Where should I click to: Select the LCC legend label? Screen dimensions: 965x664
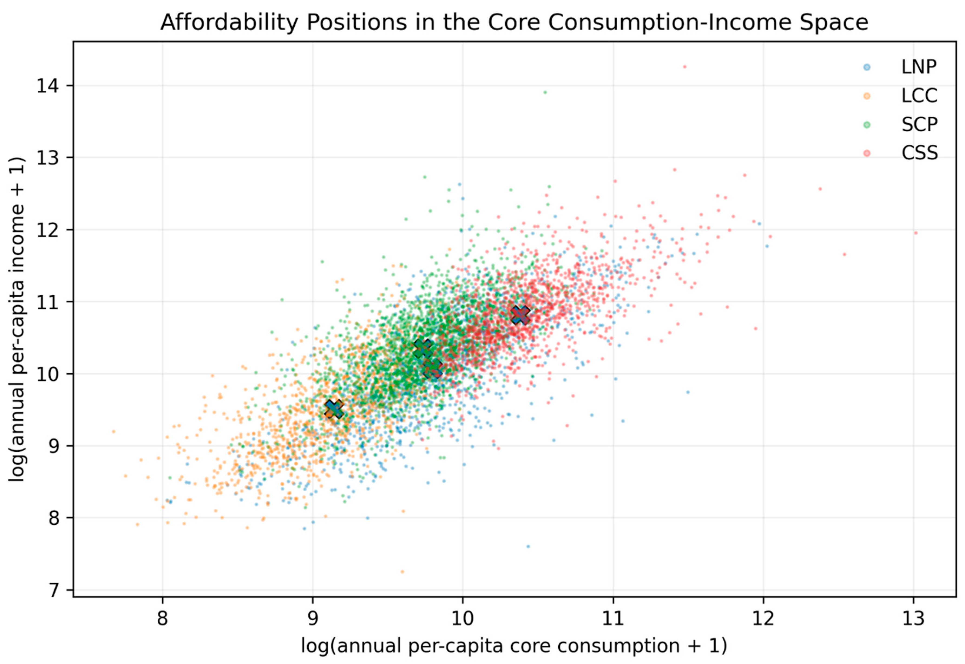click(x=919, y=96)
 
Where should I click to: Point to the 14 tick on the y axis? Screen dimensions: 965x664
click(x=49, y=86)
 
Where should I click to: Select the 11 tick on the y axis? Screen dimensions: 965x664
click(x=49, y=302)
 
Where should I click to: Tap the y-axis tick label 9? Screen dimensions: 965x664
click(x=55, y=446)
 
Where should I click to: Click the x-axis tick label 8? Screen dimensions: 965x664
click(x=162, y=619)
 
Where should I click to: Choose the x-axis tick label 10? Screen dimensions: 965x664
click(x=463, y=619)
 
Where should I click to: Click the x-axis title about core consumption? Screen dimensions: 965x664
click(x=514, y=646)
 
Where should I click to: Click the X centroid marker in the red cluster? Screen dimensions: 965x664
click(x=520, y=315)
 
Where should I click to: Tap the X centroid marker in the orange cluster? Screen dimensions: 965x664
click(x=334, y=409)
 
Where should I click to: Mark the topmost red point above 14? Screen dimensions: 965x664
click(x=685, y=67)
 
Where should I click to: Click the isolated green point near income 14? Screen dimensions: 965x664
click(x=545, y=92)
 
